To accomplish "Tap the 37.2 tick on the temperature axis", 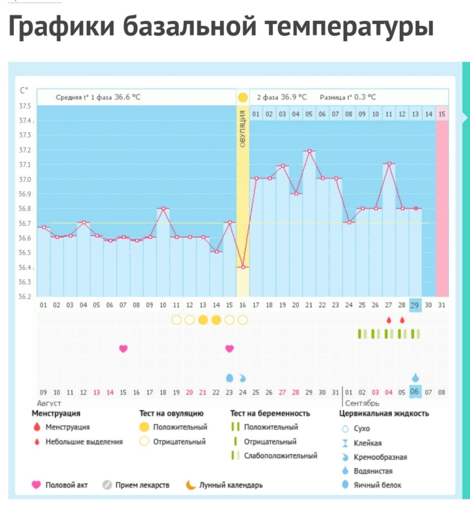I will [25, 150].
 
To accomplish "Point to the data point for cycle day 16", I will [243, 267].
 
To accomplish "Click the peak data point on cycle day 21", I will [309, 150].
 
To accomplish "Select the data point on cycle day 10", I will [163, 208].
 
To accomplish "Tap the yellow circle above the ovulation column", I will [243, 97].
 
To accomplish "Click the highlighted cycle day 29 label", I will [415, 305].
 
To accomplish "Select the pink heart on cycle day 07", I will [123, 348].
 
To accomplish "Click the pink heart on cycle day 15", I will [230, 348].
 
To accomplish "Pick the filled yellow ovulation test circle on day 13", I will [203, 320].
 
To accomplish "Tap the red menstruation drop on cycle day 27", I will [389, 320].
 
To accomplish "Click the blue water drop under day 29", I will [415, 377].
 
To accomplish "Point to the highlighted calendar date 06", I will [415, 392].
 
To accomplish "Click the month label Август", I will [49, 403].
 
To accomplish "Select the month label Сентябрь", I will [361, 403].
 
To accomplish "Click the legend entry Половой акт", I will [66, 485].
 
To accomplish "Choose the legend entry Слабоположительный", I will [280, 456].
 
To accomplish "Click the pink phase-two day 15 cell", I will [442, 114].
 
